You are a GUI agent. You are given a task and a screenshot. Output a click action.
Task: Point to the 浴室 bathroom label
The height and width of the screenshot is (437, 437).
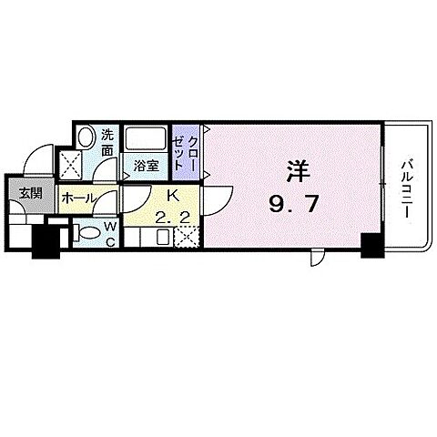pos(147,167)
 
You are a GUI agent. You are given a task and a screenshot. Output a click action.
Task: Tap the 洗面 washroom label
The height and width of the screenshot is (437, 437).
pos(107,142)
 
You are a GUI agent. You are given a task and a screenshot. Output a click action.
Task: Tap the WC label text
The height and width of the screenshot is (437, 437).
pos(109,233)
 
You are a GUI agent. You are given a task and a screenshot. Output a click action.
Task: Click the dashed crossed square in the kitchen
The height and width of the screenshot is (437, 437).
pos(187,238)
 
